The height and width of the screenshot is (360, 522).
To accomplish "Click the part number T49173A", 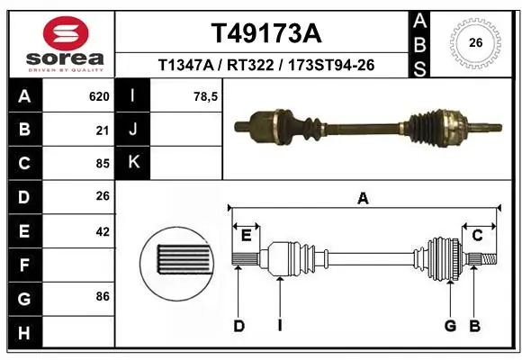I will [x=265, y=33].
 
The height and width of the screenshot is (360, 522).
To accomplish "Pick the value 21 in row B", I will [x=102, y=130].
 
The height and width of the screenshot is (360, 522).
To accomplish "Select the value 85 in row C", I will [x=102, y=164].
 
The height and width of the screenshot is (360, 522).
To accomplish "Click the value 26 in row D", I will [x=102, y=197].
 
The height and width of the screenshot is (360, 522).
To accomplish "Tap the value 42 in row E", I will [x=102, y=231].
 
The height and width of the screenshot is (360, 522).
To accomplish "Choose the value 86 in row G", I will [x=102, y=295].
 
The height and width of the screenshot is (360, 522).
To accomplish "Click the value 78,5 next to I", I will [x=206, y=96].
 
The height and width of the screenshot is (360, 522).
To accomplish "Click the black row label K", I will [x=133, y=162].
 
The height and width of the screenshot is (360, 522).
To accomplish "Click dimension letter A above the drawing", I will [x=363, y=199].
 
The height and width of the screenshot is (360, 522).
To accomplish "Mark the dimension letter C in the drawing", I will [x=478, y=236].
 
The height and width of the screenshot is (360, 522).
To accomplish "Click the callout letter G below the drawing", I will [x=450, y=326].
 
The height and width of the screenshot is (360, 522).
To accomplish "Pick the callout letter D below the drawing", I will [x=239, y=326].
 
